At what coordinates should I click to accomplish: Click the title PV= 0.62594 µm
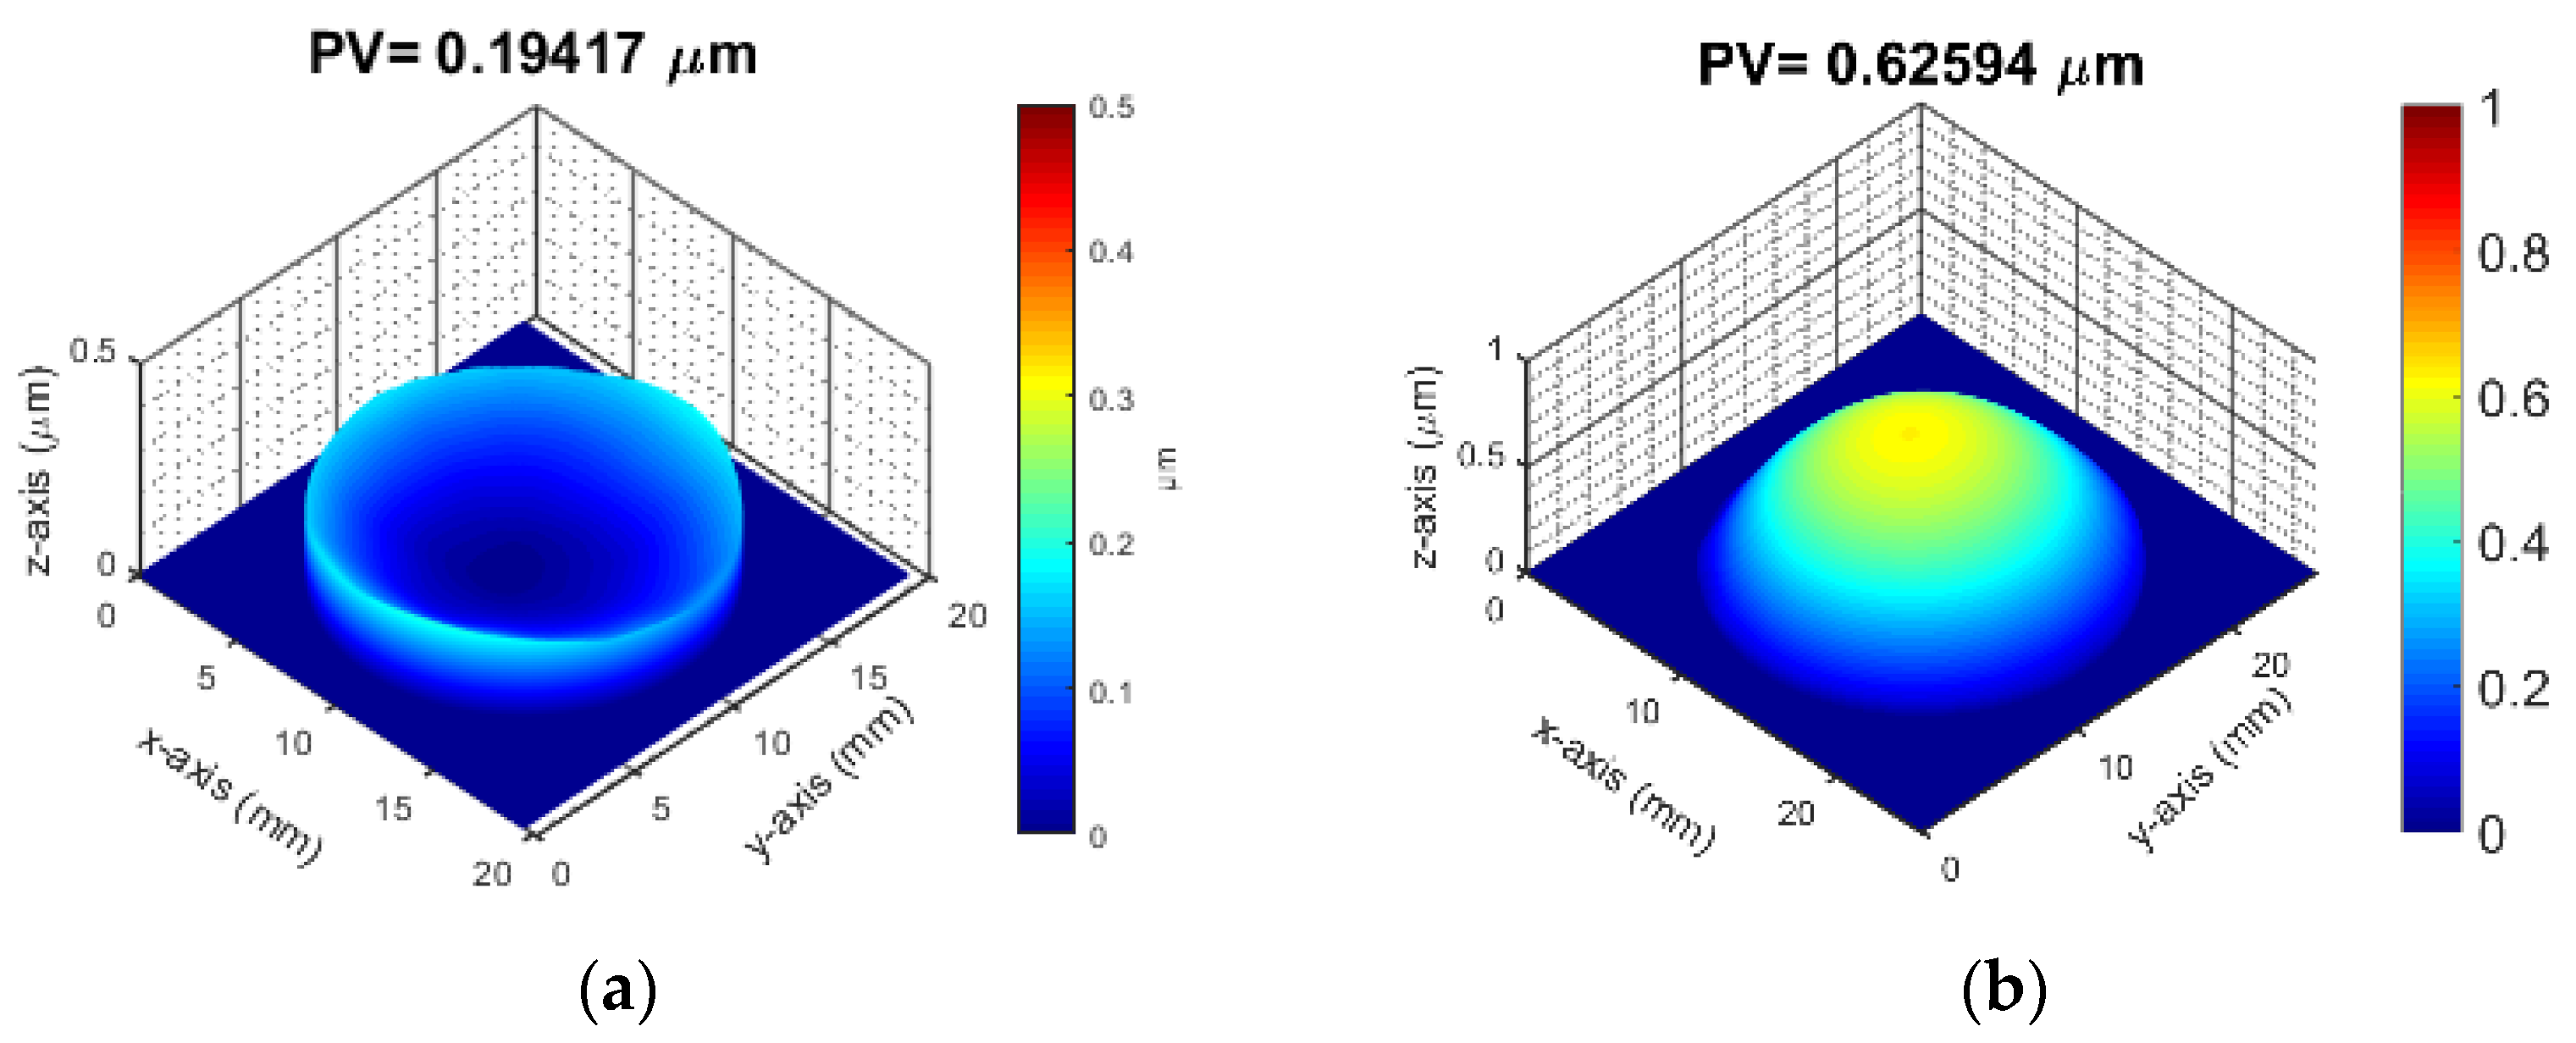(1920, 65)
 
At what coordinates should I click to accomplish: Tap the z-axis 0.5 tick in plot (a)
(93, 352)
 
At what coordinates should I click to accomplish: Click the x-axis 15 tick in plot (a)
(394, 808)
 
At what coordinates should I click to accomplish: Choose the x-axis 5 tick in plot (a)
(205, 678)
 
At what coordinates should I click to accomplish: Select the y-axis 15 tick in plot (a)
(868, 678)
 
